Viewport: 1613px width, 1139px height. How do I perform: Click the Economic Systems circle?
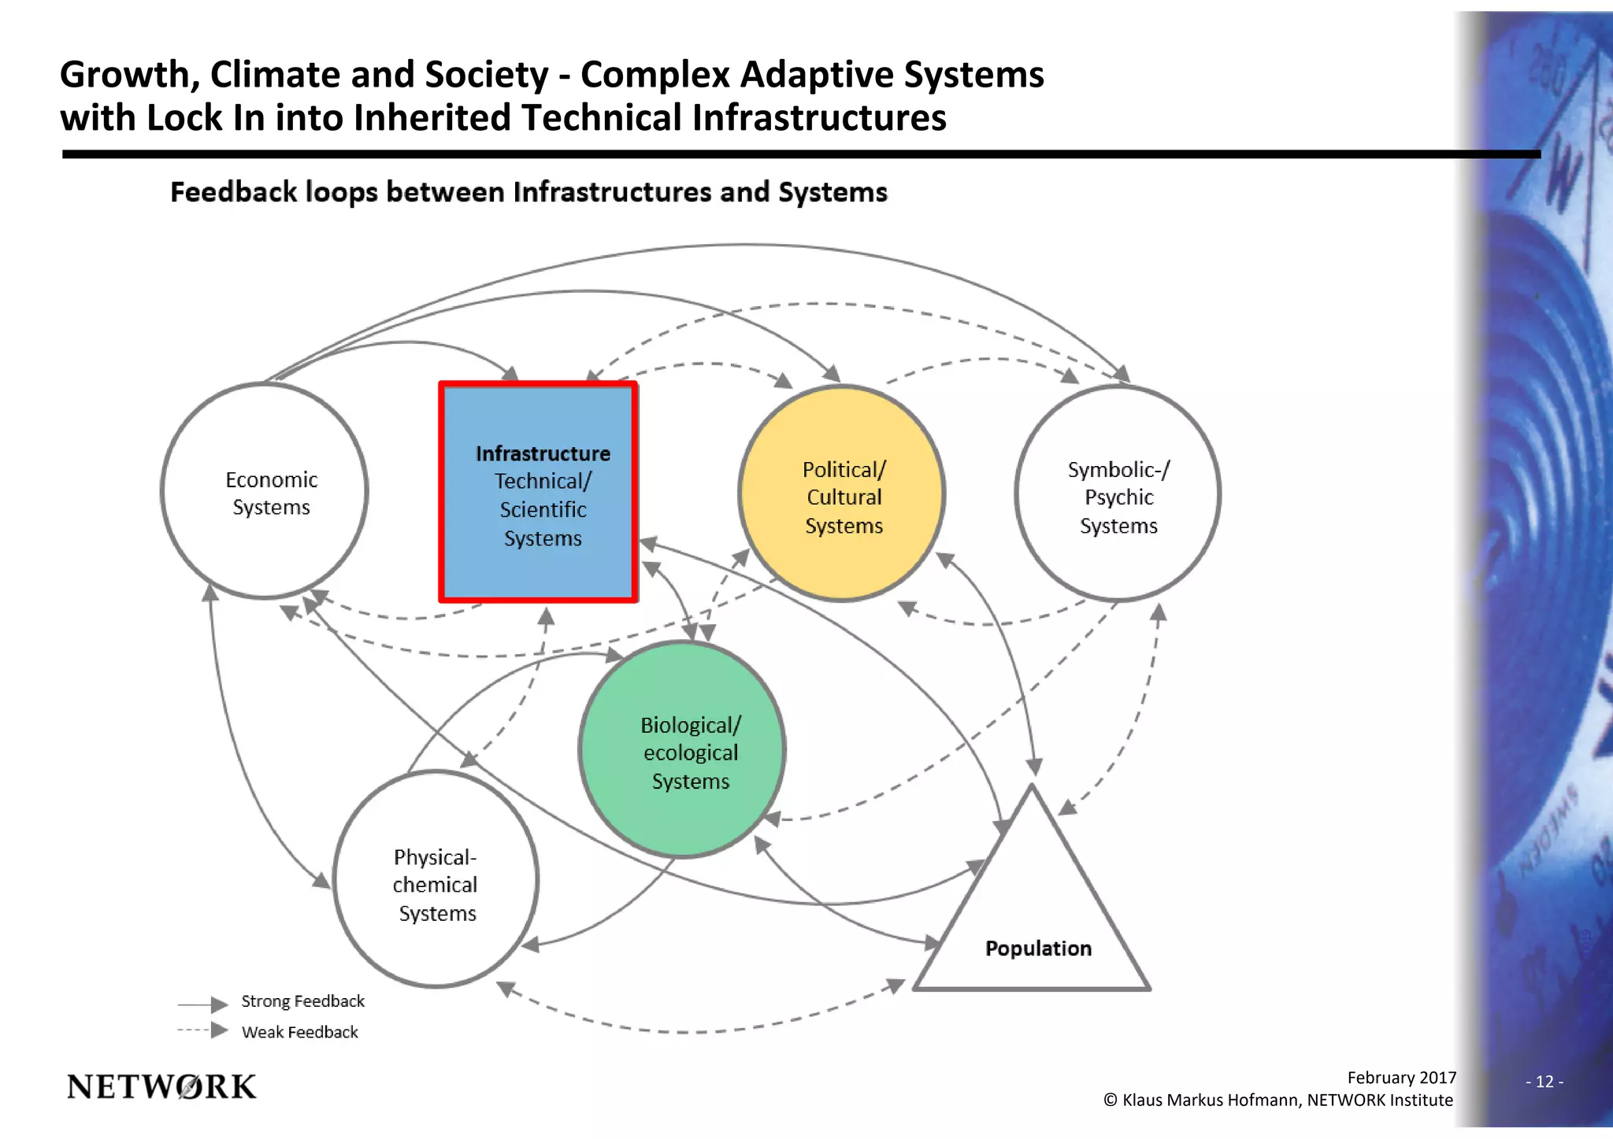265,491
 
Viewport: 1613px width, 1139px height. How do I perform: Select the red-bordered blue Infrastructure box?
539,493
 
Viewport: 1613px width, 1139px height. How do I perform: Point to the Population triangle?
1033,913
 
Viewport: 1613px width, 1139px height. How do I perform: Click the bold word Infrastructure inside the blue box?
543,454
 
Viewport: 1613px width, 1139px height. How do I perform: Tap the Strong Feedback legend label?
302,1001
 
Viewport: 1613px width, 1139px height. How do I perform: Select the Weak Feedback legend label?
299,1032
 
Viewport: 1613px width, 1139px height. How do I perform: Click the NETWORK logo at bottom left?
161,1087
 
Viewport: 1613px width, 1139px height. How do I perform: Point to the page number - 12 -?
1544,1082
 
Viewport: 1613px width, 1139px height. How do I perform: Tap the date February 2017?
1401,1078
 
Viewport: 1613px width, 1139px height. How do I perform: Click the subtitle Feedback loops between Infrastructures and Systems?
528,192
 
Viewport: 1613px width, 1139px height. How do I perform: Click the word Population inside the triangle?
1038,949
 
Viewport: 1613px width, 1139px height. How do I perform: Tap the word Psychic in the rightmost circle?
1118,497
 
